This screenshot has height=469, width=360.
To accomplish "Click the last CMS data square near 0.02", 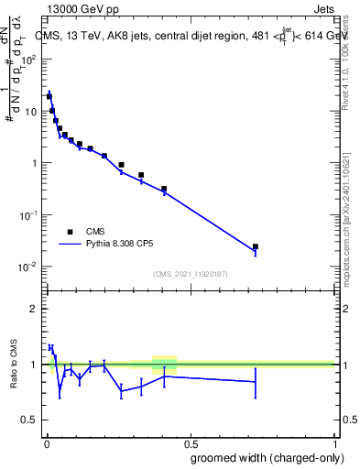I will coord(256,246).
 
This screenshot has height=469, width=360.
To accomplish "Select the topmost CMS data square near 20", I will coord(49,96).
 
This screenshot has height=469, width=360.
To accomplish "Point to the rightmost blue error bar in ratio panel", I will coord(256,382).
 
